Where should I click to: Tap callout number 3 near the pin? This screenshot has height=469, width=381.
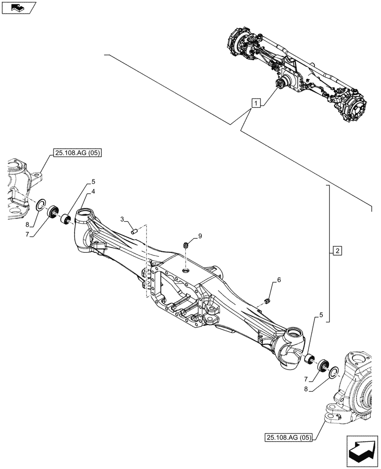click(x=122, y=219)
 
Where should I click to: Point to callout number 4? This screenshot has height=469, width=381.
click(x=94, y=191)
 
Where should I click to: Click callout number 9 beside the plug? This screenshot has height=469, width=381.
click(x=200, y=236)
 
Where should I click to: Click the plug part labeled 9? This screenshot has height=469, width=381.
click(x=186, y=244)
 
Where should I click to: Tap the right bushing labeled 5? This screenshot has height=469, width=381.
click(x=309, y=359)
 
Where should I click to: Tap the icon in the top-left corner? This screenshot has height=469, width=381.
click(x=18, y=7)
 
